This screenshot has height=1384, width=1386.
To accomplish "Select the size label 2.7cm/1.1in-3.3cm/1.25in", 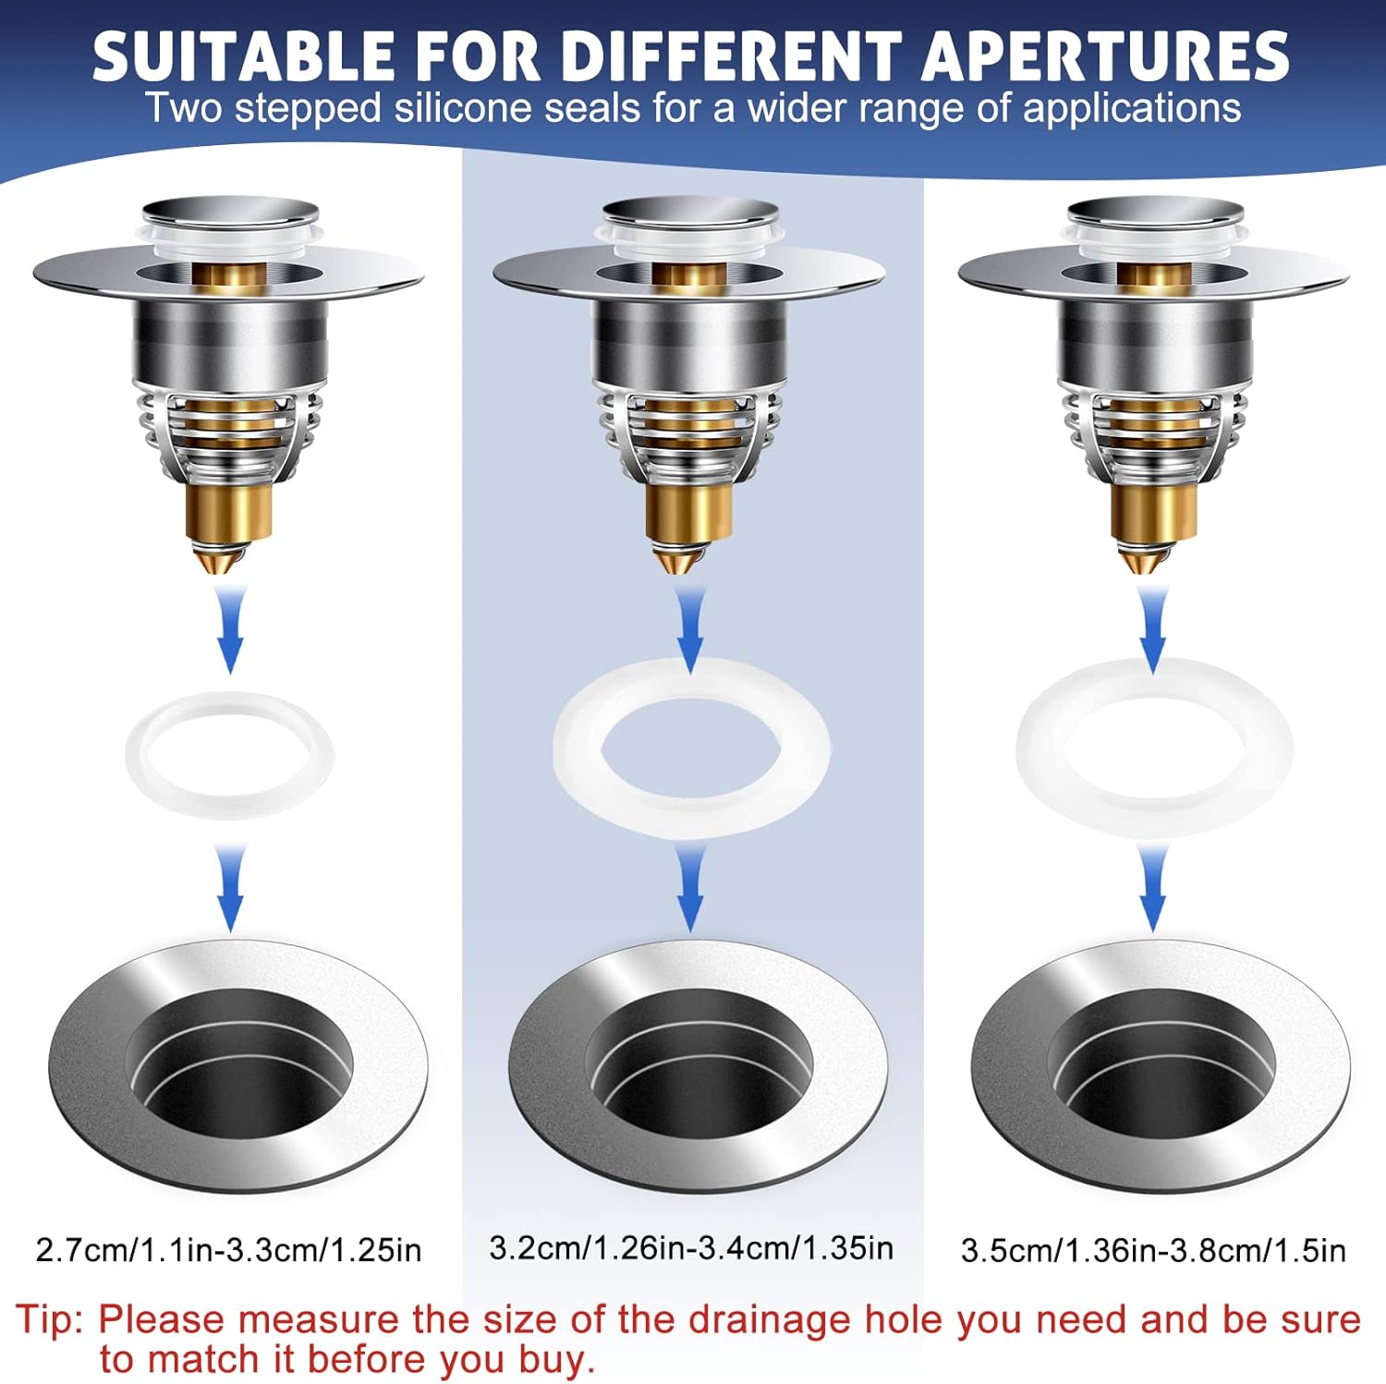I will (x=228, y=1250).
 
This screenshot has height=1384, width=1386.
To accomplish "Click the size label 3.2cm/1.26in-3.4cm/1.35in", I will (x=691, y=1248).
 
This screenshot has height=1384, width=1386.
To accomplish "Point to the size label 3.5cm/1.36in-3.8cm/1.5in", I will (x=1153, y=1250).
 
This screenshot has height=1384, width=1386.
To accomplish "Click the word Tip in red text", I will (x=48, y=1318).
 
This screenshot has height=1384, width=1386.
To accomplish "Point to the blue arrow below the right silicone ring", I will (x=1152, y=889).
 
